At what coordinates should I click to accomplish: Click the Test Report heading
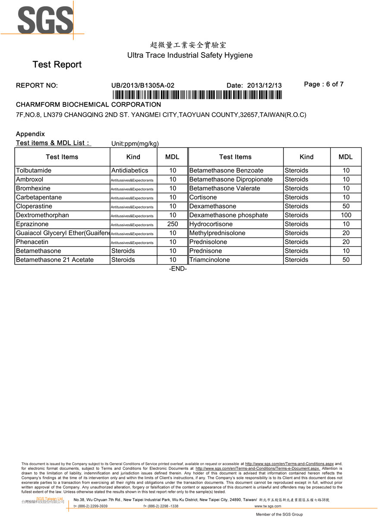57,65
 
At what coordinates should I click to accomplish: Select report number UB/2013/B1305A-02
143,85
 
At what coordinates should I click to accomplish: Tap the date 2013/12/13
264,85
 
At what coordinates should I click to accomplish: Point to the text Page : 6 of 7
324,84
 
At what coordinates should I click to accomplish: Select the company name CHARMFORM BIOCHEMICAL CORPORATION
88,105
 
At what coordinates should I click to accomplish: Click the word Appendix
30,134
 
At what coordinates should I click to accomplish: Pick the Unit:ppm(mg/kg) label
135,143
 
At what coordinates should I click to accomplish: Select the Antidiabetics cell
129,171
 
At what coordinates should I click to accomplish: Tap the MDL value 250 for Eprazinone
173,224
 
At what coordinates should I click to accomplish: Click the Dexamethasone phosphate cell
229,215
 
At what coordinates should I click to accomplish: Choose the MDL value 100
346,215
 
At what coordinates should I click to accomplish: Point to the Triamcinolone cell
210,260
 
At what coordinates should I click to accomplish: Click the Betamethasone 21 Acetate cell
54,260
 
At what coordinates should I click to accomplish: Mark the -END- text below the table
178,269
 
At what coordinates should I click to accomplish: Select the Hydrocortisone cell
211,224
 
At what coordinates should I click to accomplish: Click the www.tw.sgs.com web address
268,506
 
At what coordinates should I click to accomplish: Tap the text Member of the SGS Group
279,514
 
